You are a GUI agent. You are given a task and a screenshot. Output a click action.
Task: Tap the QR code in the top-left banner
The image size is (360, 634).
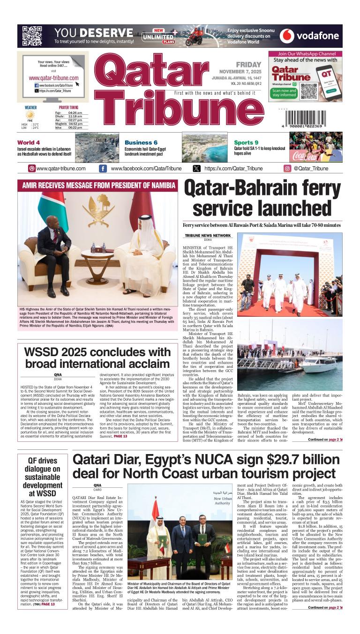[32, 36]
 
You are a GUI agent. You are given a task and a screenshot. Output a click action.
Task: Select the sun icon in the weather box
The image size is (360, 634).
[30, 115]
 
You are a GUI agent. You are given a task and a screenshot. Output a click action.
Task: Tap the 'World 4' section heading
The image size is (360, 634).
[29, 142]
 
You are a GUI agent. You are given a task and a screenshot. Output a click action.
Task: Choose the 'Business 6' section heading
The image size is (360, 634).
[141, 142]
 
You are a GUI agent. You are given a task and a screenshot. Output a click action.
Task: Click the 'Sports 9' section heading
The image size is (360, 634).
[246, 142]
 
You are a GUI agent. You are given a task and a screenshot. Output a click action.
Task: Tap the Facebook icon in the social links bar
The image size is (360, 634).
[103, 169]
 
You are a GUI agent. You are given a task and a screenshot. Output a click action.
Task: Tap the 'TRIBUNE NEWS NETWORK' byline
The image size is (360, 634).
[208, 235]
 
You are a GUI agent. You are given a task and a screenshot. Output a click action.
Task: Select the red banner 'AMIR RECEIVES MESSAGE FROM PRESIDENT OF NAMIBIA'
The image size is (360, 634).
[98, 185]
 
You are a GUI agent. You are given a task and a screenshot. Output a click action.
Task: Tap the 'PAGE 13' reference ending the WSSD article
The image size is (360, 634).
[120, 436]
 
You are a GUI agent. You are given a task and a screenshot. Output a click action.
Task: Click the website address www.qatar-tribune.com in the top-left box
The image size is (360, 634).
[53, 78]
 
